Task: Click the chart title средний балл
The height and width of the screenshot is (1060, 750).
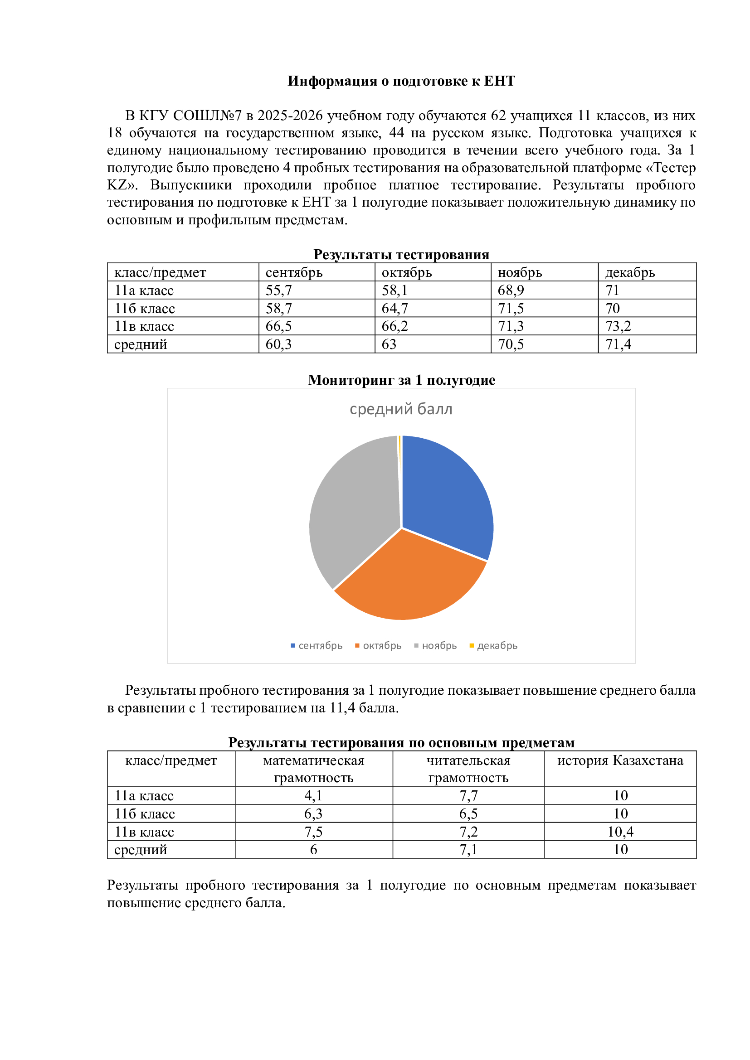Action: click(x=401, y=409)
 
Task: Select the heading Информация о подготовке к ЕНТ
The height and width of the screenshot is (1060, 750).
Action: click(x=401, y=81)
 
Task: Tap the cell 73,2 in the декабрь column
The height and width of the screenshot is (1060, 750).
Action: click(x=618, y=326)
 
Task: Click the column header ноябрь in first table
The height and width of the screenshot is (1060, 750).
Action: click(x=520, y=272)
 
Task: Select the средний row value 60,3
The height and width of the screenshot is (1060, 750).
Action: click(x=278, y=344)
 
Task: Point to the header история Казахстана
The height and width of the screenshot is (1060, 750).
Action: click(x=620, y=760)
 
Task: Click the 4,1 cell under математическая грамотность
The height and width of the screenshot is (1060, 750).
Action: click(x=313, y=795)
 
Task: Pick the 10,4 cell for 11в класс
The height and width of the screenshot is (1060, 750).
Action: click(x=620, y=832)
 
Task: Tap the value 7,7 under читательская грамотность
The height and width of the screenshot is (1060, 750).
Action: click(x=468, y=795)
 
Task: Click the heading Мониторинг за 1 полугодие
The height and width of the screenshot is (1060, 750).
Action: click(x=401, y=379)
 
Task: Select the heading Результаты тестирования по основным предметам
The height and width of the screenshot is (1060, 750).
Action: click(x=401, y=742)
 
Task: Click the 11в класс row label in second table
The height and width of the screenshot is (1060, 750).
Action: click(x=144, y=832)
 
